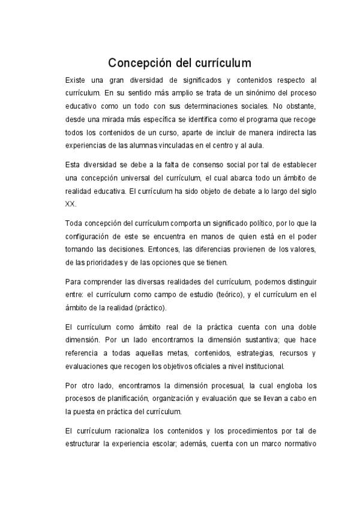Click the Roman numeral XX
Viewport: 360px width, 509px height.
70,204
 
